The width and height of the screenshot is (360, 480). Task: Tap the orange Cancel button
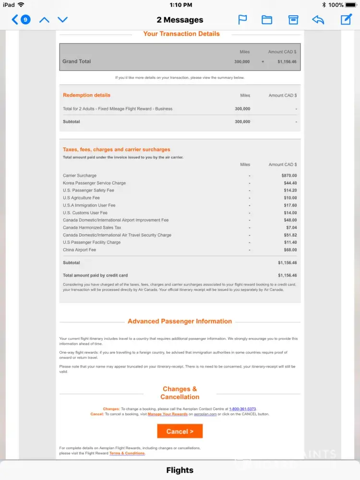[x=180, y=431]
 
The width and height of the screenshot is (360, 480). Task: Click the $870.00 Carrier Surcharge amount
[x=289, y=176]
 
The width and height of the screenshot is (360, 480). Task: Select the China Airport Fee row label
[x=79, y=250]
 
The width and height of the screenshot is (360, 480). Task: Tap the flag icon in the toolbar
[x=243, y=20]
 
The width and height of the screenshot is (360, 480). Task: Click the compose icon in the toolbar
[x=346, y=20]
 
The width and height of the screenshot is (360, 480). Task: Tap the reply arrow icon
[x=318, y=20]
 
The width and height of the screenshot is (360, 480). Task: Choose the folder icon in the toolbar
[x=267, y=20]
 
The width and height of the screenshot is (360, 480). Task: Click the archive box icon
[x=293, y=20]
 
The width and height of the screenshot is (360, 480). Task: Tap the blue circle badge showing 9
[x=25, y=20]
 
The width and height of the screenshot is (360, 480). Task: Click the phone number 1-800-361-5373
[x=242, y=409]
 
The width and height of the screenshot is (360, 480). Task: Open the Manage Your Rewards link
[x=168, y=414]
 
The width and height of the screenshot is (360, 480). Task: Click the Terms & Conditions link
[x=127, y=453]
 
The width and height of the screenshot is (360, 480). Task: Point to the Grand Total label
[x=76, y=61]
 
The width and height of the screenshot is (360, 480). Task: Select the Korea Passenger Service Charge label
[x=94, y=183]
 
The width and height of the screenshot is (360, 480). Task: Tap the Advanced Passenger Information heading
[x=180, y=322]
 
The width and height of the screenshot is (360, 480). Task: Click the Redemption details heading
[x=86, y=95]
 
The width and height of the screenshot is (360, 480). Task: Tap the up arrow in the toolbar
[x=44, y=20]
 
